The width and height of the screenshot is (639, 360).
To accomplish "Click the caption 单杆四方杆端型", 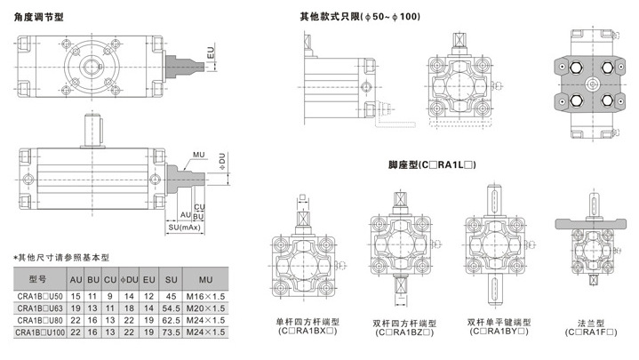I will pos(307,322).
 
